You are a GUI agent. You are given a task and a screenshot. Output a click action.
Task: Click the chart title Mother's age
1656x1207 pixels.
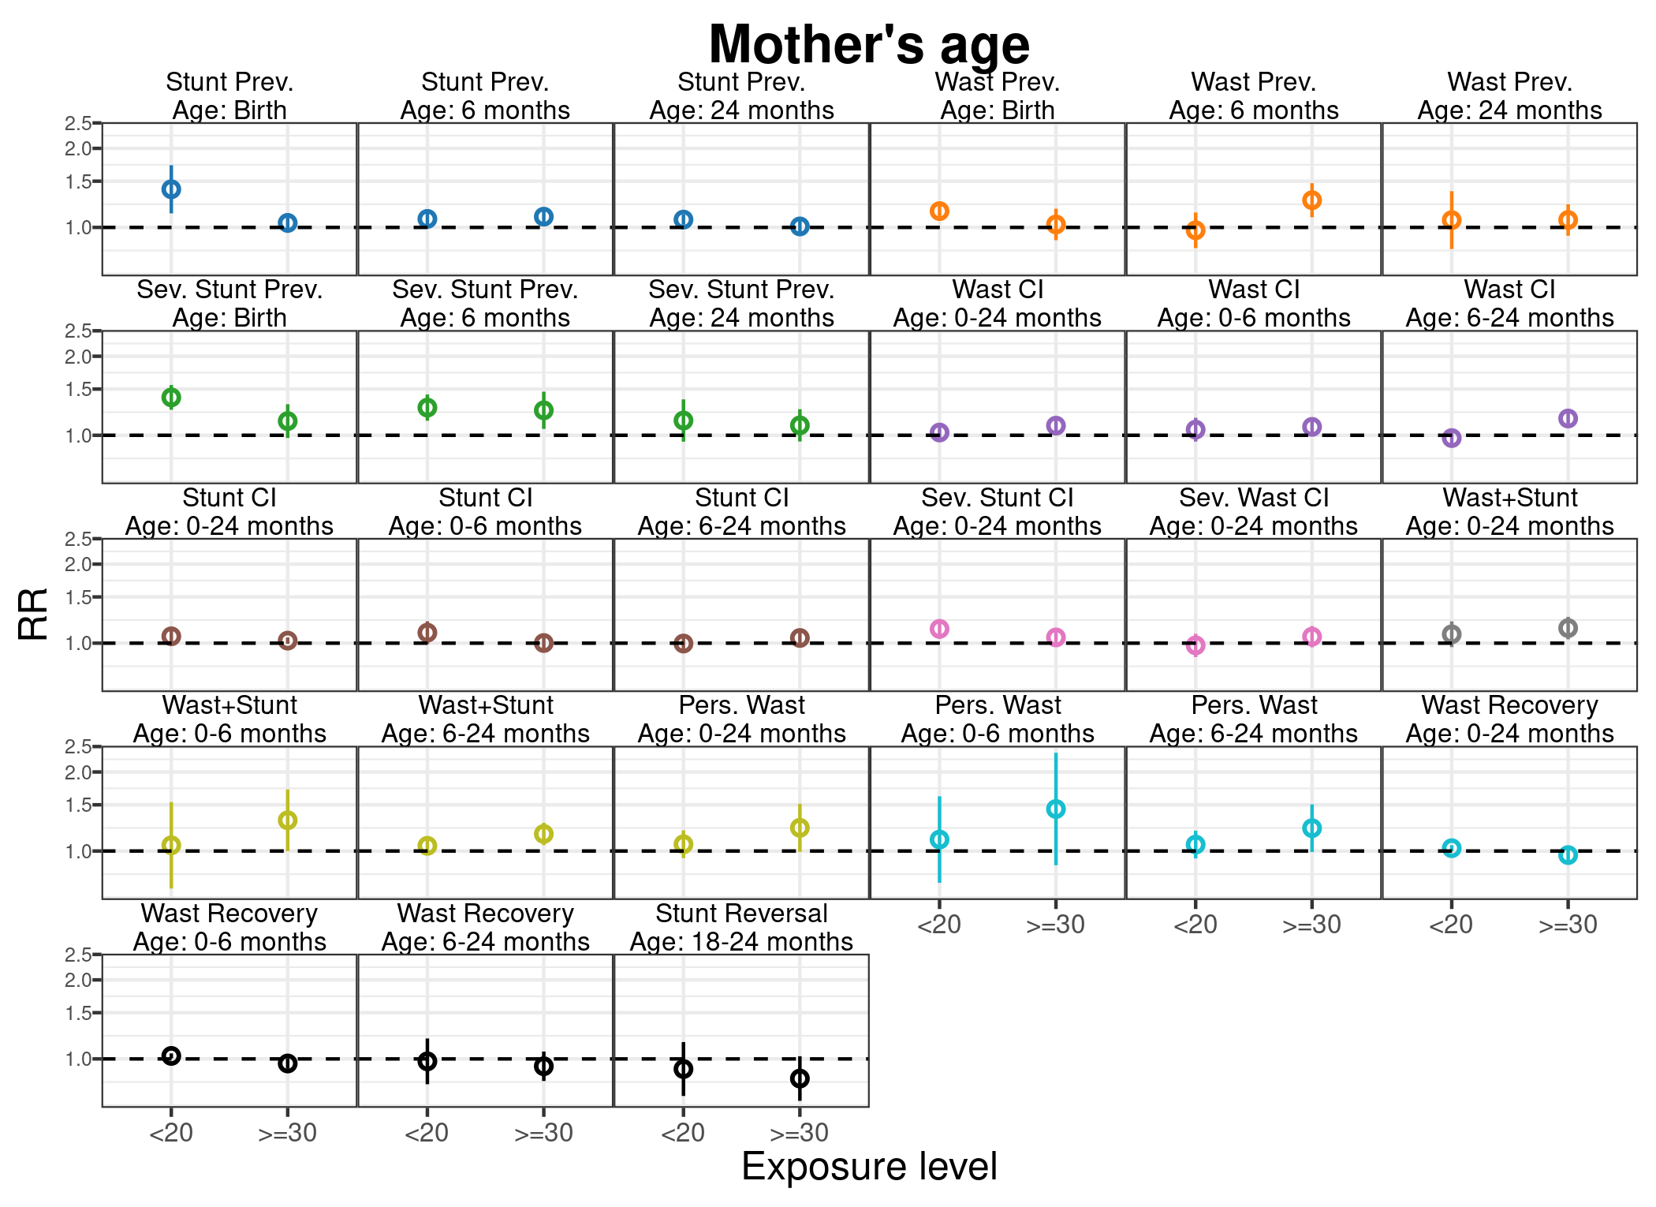pyautogui.click(x=869, y=44)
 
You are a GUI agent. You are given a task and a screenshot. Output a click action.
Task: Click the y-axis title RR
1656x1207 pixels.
pyautogui.click(x=33, y=614)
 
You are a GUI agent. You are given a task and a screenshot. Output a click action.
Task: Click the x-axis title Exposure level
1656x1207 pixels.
pyautogui.click(x=869, y=1167)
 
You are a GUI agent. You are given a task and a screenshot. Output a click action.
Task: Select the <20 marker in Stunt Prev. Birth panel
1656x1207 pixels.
pyautogui.click(x=171, y=189)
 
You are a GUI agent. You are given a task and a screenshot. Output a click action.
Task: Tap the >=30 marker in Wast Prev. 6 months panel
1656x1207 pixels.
pyautogui.click(x=1311, y=200)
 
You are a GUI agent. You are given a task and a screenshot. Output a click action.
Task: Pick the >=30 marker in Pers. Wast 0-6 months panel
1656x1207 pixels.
pyautogui.click(x=1056, y=809)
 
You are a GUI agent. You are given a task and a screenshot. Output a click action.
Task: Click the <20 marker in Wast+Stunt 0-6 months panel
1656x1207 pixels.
pyautogui.click(x=171, y=846)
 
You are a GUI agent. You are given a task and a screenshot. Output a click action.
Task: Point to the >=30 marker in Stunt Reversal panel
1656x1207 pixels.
pyautogui.click(x=800, y=1078)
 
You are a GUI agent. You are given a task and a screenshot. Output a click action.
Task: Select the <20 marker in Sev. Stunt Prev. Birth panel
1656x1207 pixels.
pyautogui.click(x=171, y=397)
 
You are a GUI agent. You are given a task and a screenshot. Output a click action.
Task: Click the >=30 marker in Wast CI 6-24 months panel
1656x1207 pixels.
pyautogui.click(x=1568, y=418)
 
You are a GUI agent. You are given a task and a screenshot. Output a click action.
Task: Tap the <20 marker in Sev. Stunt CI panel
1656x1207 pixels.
pyautogui.click(x=939, y=629)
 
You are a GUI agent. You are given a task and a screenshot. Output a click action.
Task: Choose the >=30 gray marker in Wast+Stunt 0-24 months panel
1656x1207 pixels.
pyautogui.click(x=1568, y=628)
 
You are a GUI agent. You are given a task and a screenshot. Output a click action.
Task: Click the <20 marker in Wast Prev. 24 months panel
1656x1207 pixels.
pyautogui.click(x=1452, y=220)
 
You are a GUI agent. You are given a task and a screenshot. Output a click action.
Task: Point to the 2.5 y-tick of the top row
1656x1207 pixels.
pyautogui.click(x=78, y=123)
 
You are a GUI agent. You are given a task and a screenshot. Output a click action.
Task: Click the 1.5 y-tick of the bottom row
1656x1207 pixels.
pyautogui.click(x=78, y=1013)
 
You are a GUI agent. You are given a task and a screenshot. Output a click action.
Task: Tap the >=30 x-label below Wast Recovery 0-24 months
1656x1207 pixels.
pyautogui.click(x=1568, y=925)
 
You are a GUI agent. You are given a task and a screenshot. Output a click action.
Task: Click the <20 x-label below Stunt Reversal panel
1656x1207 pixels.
pyautogui.click(x=683, y=1133)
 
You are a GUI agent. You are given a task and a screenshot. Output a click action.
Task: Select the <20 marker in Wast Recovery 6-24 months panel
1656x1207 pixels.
pyautogui.click(x=427, y=1061)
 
